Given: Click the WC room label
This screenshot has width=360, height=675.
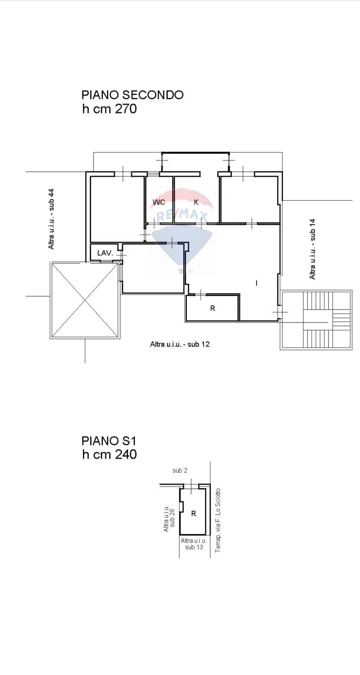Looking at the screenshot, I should [159, 202].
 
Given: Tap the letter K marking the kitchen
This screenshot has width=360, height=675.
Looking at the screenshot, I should [197, 202].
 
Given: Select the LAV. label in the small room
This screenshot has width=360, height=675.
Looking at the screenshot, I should [105, 253].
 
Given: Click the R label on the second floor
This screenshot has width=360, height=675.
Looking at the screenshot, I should [212, 308].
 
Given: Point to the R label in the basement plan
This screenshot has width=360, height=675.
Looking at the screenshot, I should [193, 514].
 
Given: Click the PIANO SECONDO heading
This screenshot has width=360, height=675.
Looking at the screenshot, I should [132, 95].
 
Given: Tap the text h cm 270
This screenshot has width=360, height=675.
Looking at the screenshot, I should [109, 109].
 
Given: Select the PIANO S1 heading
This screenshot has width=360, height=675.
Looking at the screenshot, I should [109, 441].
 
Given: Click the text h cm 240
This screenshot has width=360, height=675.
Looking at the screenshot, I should [109, 454].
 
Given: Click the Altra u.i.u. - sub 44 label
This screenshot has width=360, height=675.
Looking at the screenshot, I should [51, 219].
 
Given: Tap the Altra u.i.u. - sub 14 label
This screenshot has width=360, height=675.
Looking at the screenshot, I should [312, 249].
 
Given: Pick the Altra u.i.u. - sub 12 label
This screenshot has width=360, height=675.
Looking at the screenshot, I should [180, 344].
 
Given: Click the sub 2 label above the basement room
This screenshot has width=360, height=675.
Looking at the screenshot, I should [180, 470].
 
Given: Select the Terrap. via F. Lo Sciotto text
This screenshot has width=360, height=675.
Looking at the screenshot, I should [218, 520].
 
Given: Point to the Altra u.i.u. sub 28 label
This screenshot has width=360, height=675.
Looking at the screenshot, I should [169, 517].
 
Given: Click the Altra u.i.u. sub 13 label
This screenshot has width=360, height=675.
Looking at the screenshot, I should [194, 544].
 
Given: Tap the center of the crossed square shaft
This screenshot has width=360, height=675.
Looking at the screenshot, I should [85, 300].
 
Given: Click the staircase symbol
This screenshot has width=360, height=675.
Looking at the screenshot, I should [316, 320].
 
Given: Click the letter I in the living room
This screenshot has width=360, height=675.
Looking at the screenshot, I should [256, 283].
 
